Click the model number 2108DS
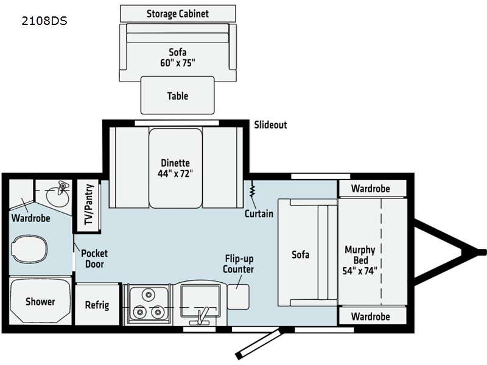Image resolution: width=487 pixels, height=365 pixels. pos(44,21)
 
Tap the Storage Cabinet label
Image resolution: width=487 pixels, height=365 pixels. pos(178,13)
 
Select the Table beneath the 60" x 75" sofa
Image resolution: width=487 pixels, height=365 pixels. pos(178,96)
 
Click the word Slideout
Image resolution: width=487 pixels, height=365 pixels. pos(270,125)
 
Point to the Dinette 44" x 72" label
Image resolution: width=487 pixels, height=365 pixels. pos(175,168)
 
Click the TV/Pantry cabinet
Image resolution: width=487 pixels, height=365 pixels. pos(88,205)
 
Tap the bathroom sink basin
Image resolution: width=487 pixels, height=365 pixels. pos(58,195)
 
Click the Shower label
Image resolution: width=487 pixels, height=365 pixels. pos(40,301)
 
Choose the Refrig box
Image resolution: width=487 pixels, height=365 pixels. pos(97,305)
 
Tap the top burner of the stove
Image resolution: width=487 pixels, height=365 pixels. pos(149,294)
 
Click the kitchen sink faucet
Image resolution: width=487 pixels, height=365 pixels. pos(201,316)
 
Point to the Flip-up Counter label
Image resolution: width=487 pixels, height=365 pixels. pos(239,264)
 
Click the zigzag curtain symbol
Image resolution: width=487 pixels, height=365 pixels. pos(252,190)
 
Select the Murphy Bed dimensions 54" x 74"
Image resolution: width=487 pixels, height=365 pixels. pos(360,271)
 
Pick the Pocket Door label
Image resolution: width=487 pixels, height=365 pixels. pos(94,259)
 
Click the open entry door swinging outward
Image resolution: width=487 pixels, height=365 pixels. pos(259,344)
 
